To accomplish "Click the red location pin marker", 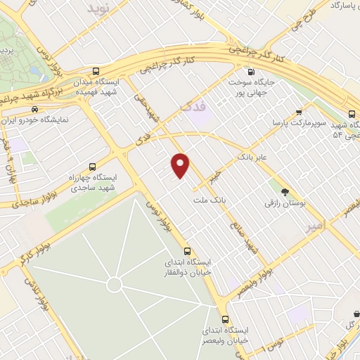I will (x=181, y=165).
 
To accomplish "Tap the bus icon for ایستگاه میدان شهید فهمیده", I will (x=96, y=72).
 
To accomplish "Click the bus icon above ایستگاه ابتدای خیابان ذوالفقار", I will (x=187, y=251).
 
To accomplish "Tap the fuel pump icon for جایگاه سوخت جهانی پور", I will (x=251, y=72).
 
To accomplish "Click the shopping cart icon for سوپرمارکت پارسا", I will (x=299, y=112).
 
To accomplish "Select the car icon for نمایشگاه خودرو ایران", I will (x=34, y=109).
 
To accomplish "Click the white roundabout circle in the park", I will (x=114, y=284).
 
